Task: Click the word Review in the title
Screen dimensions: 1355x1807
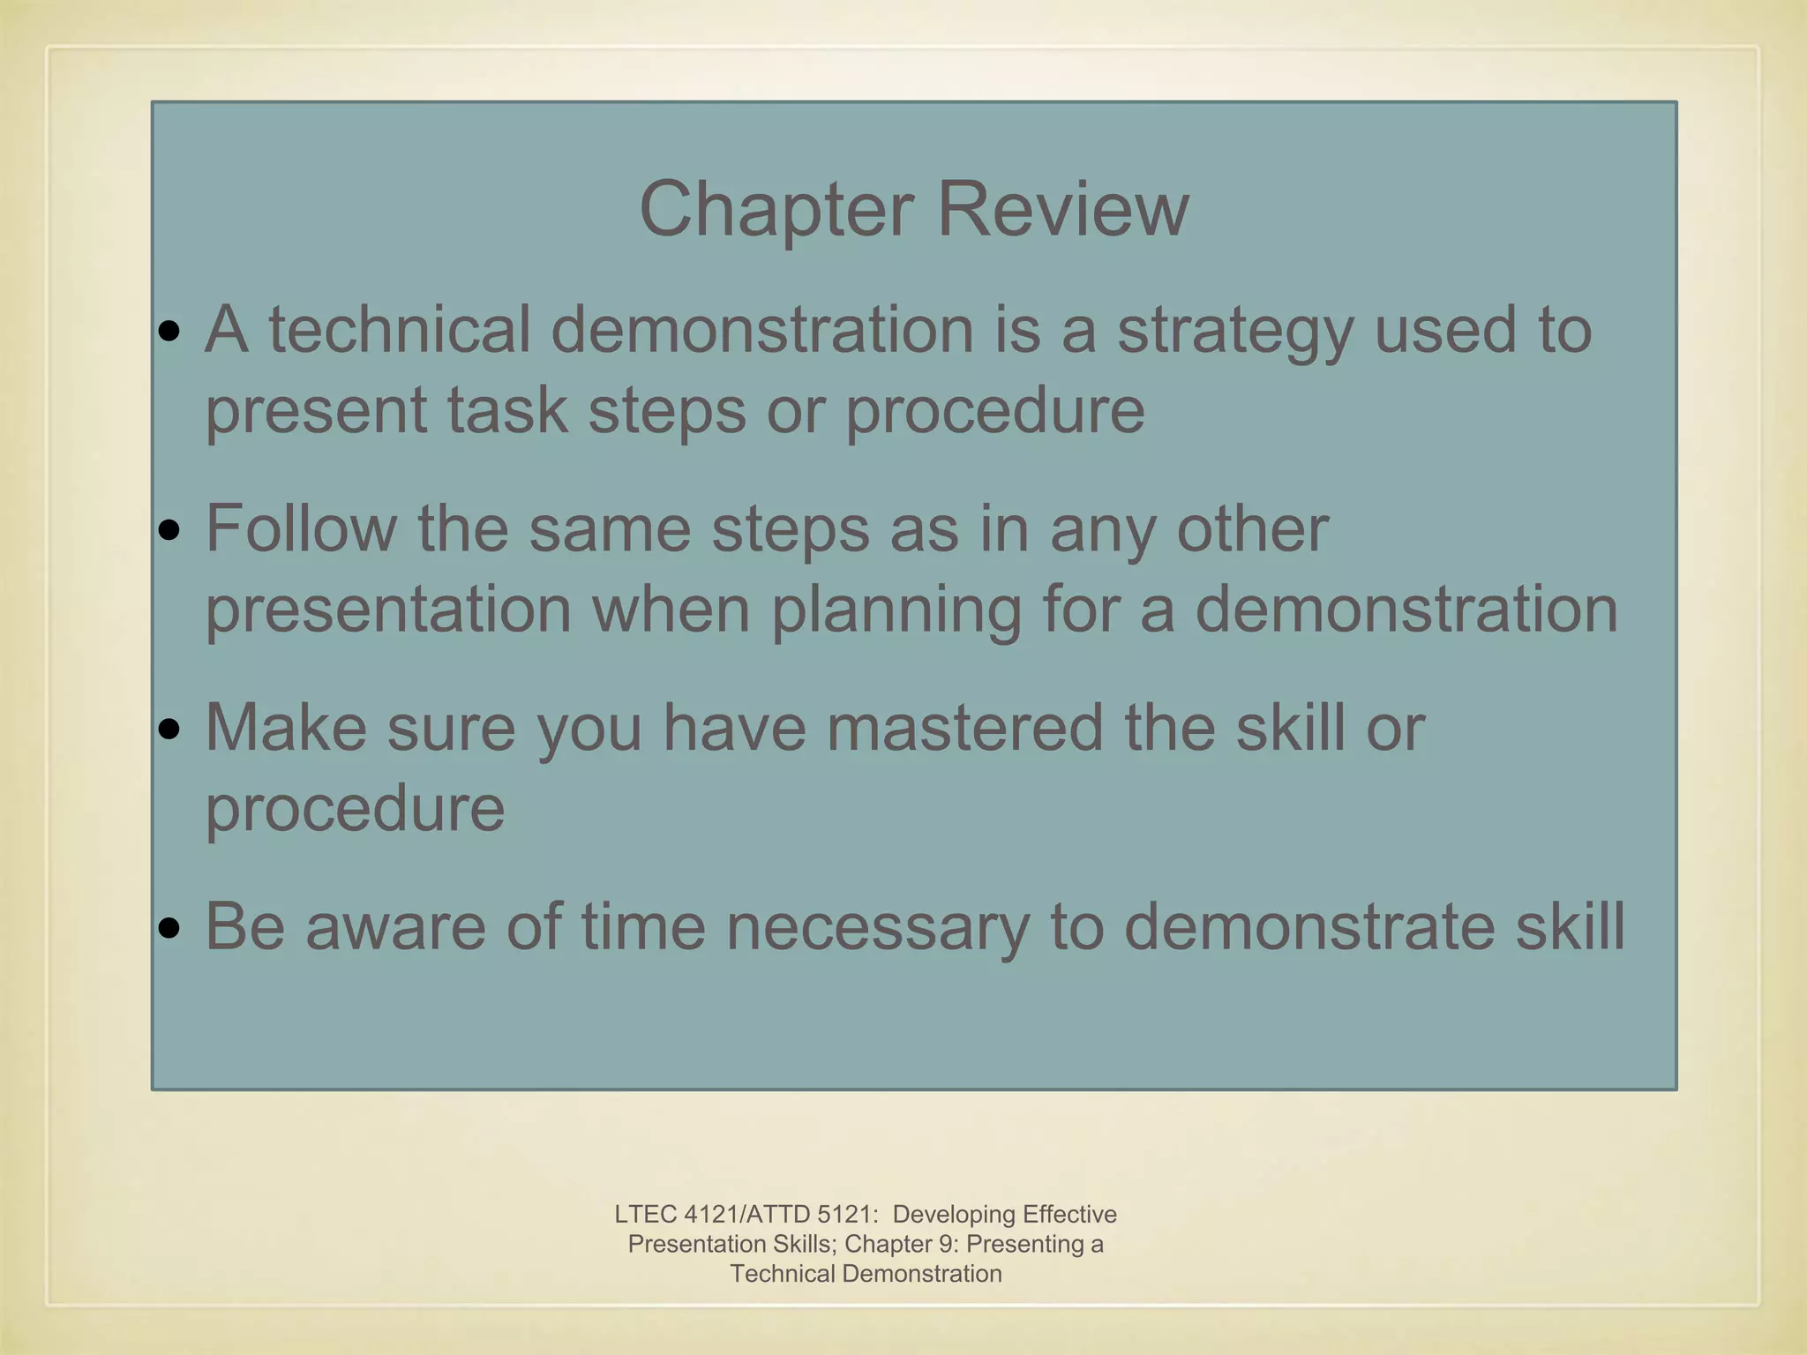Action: point(1062,210)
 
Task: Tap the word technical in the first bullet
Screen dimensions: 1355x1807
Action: point(400,329)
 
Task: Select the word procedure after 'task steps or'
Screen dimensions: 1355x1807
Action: point(994,411)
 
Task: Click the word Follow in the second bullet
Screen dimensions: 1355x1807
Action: point(301,528)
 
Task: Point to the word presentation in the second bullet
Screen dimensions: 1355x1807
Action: point(388,610)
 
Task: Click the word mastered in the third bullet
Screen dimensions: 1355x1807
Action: point(964,728)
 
